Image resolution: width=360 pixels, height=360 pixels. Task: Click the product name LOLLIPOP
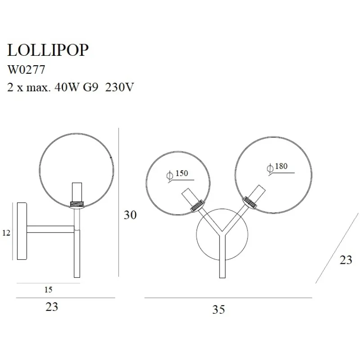click(48, 50)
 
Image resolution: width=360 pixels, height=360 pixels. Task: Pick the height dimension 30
click(130, 215)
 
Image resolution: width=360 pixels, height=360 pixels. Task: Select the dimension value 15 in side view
click(48, 290)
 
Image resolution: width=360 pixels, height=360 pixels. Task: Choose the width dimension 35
click(218, 310)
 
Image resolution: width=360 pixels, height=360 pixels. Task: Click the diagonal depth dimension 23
click(346, 260)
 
